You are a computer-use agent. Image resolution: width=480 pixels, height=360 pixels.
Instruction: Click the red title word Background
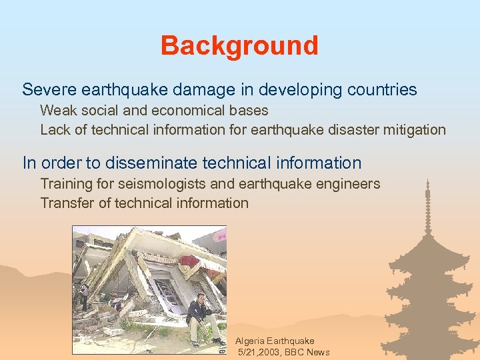tap(239, 46)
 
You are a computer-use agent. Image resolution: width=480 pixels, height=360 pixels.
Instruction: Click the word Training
tap(66, 184)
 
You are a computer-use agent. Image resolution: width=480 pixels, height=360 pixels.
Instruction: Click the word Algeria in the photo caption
tap(250, 341)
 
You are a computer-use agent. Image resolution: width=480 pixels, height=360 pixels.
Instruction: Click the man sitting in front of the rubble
tap(198, 317)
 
